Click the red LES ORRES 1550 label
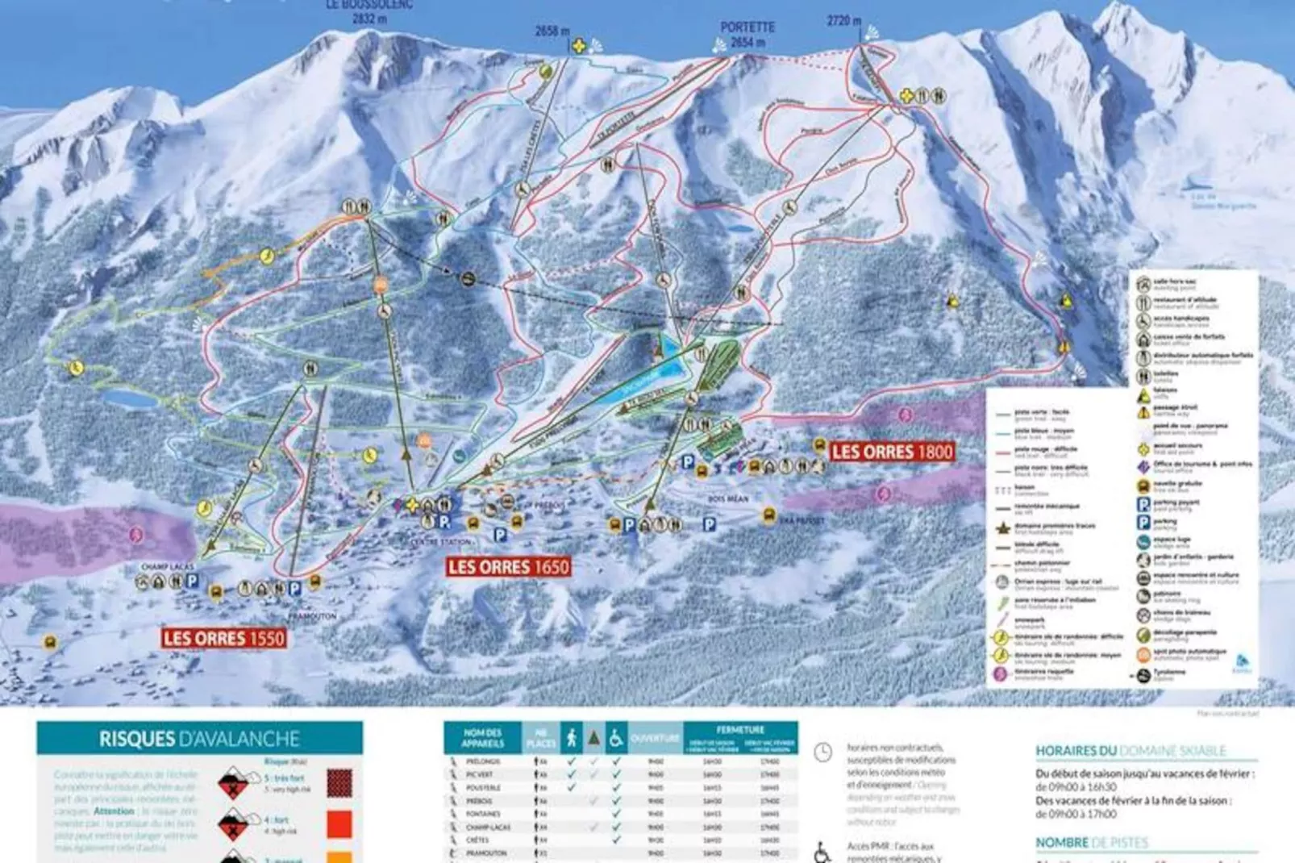click(224, 639)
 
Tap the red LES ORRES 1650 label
click(509, 567)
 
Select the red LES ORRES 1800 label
click(892, 452)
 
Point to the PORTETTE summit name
click(747, 27)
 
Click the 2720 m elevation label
click(843, 21)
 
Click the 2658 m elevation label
click(552, 31)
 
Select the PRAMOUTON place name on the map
click(311, 615)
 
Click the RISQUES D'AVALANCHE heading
click(199, 739)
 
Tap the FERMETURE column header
click(739, 730)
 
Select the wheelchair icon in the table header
click(615, 738)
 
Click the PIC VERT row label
click(479, 774)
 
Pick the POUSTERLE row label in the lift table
click(483, 787)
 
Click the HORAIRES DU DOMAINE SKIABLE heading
click(1131, 751)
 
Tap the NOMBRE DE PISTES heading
click(1092, 843)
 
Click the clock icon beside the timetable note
click(822, 753)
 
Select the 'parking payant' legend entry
click(1176, 503)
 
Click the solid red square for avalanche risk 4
click(340, 823)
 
